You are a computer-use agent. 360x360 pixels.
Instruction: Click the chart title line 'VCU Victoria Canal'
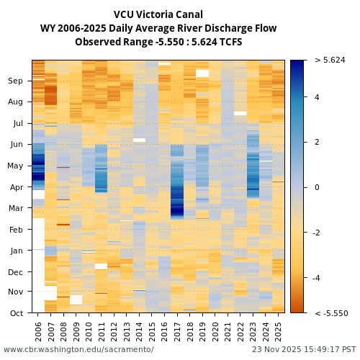(158, 14)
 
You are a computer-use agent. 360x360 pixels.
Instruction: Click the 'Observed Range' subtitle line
(158, 42)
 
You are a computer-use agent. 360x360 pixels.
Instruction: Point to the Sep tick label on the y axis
(16, 81)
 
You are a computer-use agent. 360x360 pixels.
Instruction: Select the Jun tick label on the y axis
(16, 144)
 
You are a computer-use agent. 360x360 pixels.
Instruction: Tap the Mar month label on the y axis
(16, 208)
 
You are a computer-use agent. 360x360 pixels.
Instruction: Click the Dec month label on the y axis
(16, 271)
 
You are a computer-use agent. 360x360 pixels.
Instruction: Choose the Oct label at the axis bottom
(16, 313)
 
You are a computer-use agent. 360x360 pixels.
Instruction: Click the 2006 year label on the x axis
(38, 331)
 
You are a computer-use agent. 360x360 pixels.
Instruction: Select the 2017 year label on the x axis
(177, 331)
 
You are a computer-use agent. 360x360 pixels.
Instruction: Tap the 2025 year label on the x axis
(278, 331)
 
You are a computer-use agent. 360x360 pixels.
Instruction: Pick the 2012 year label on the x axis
(114, 331)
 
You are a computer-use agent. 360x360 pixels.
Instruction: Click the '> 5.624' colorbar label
(330, 60)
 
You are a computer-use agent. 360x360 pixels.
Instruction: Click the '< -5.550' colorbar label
(331, 313)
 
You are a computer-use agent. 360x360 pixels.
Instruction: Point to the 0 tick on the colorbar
(317, 187)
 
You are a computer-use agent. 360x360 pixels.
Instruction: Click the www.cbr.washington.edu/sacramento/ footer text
(78, 350)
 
